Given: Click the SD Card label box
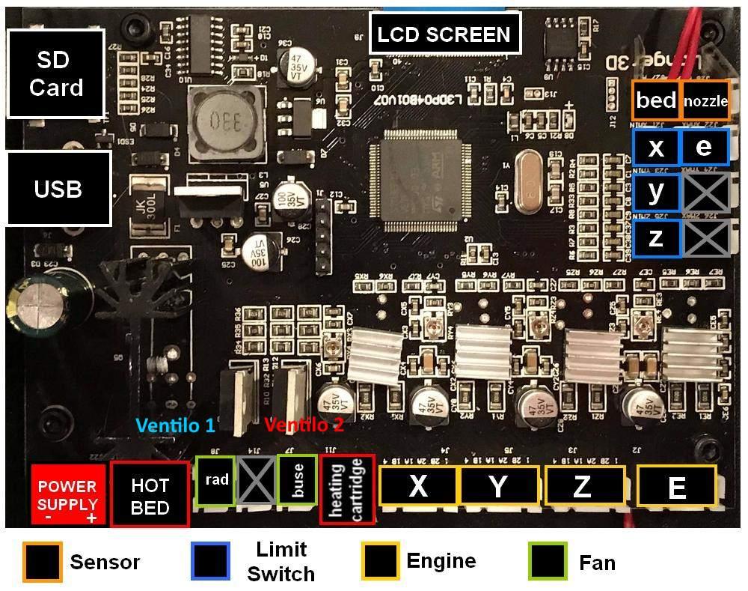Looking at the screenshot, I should pyautogui.click(x=56, y=73).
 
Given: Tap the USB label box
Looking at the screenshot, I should pyautogui.click(x=58, y=189).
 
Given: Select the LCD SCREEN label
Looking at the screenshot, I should pyautogui.click(x=444, y=34).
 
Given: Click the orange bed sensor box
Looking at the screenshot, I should pyautogui.click(x=656, y=100).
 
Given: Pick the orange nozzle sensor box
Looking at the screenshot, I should pyautogui.click(x=705, y=100).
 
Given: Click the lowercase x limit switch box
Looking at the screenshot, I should pyautogui.click(x=656, y=148).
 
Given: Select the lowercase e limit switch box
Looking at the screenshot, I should pyautogui.click(x=704, y=147).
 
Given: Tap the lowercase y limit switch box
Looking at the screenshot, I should pyautogui.click(x=656, y=193).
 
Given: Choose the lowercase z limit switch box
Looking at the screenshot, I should pyautogui.click(x=656, y=238).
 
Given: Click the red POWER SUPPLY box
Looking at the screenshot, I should pyautogui.click(x=68, y=495).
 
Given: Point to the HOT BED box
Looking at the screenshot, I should pyautogui.click(x=150, y=495).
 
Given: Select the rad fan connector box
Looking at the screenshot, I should pyautogui.click(x=215, y=480).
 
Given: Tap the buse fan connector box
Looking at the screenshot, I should pyautogui.click(x=297, y=479).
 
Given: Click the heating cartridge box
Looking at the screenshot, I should pyautogui.click(x=347, y=491).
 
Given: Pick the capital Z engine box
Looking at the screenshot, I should pyautogui.click(x=582, y=485).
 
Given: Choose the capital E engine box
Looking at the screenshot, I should pyautogui.click(x=676, y=488).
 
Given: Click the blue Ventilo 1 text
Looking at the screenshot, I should pyautogui.click(x=175, y=425).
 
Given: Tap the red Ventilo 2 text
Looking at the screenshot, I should pyautogui.click(x=304, y=425).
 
